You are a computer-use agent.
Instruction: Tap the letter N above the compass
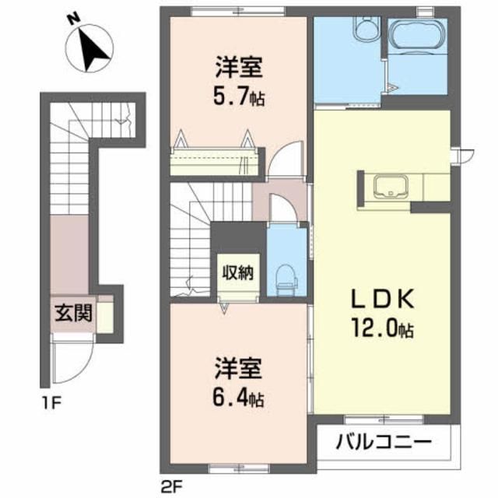(72, 17)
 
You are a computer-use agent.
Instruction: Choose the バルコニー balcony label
(384, 444)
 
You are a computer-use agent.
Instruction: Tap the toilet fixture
(285, 276)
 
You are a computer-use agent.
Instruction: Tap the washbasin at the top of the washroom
(363, 29)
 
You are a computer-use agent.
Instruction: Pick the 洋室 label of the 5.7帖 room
(239, 68)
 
